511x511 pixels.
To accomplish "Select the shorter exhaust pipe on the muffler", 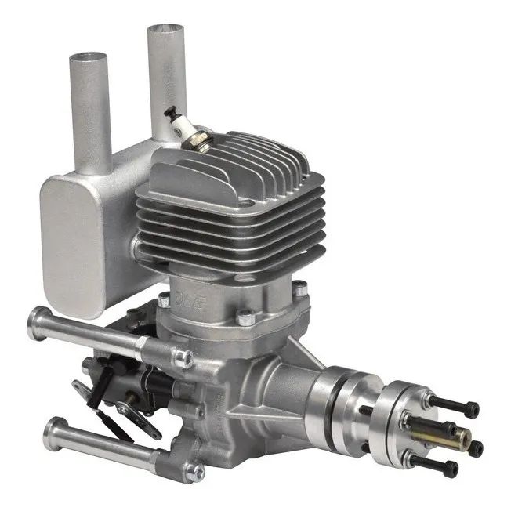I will tap(90, 110).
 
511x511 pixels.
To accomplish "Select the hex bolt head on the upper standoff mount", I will tap(186, 359).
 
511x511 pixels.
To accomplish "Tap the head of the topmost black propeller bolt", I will tap(471, 410).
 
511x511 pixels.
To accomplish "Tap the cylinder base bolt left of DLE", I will tap(164, 302).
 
